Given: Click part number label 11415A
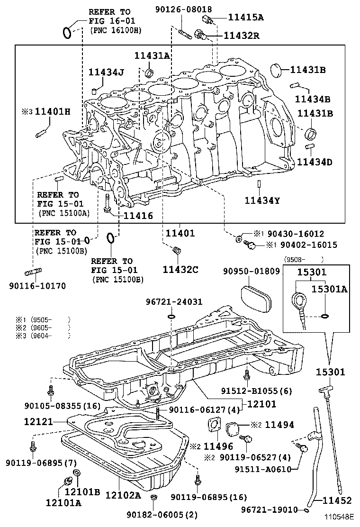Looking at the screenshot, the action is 246,17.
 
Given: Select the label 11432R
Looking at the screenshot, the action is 242,35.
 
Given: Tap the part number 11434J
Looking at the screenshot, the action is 106,72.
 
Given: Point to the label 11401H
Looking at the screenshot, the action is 53,111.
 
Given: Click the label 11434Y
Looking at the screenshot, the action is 262,200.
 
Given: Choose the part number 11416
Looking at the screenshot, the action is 138,216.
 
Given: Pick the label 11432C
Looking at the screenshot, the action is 180,269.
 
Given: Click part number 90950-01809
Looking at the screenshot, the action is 252,271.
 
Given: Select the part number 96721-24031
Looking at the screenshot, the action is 174,302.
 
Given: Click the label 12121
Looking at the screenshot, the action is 39,421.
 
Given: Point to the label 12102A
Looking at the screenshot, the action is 123,495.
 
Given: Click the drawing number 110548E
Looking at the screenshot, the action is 339,516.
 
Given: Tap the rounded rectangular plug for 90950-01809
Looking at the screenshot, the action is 256,295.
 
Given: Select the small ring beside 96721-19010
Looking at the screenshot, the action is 306,510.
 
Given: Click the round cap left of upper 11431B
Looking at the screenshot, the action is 278,70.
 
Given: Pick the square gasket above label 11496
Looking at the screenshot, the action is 214,424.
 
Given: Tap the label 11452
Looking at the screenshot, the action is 337,500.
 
